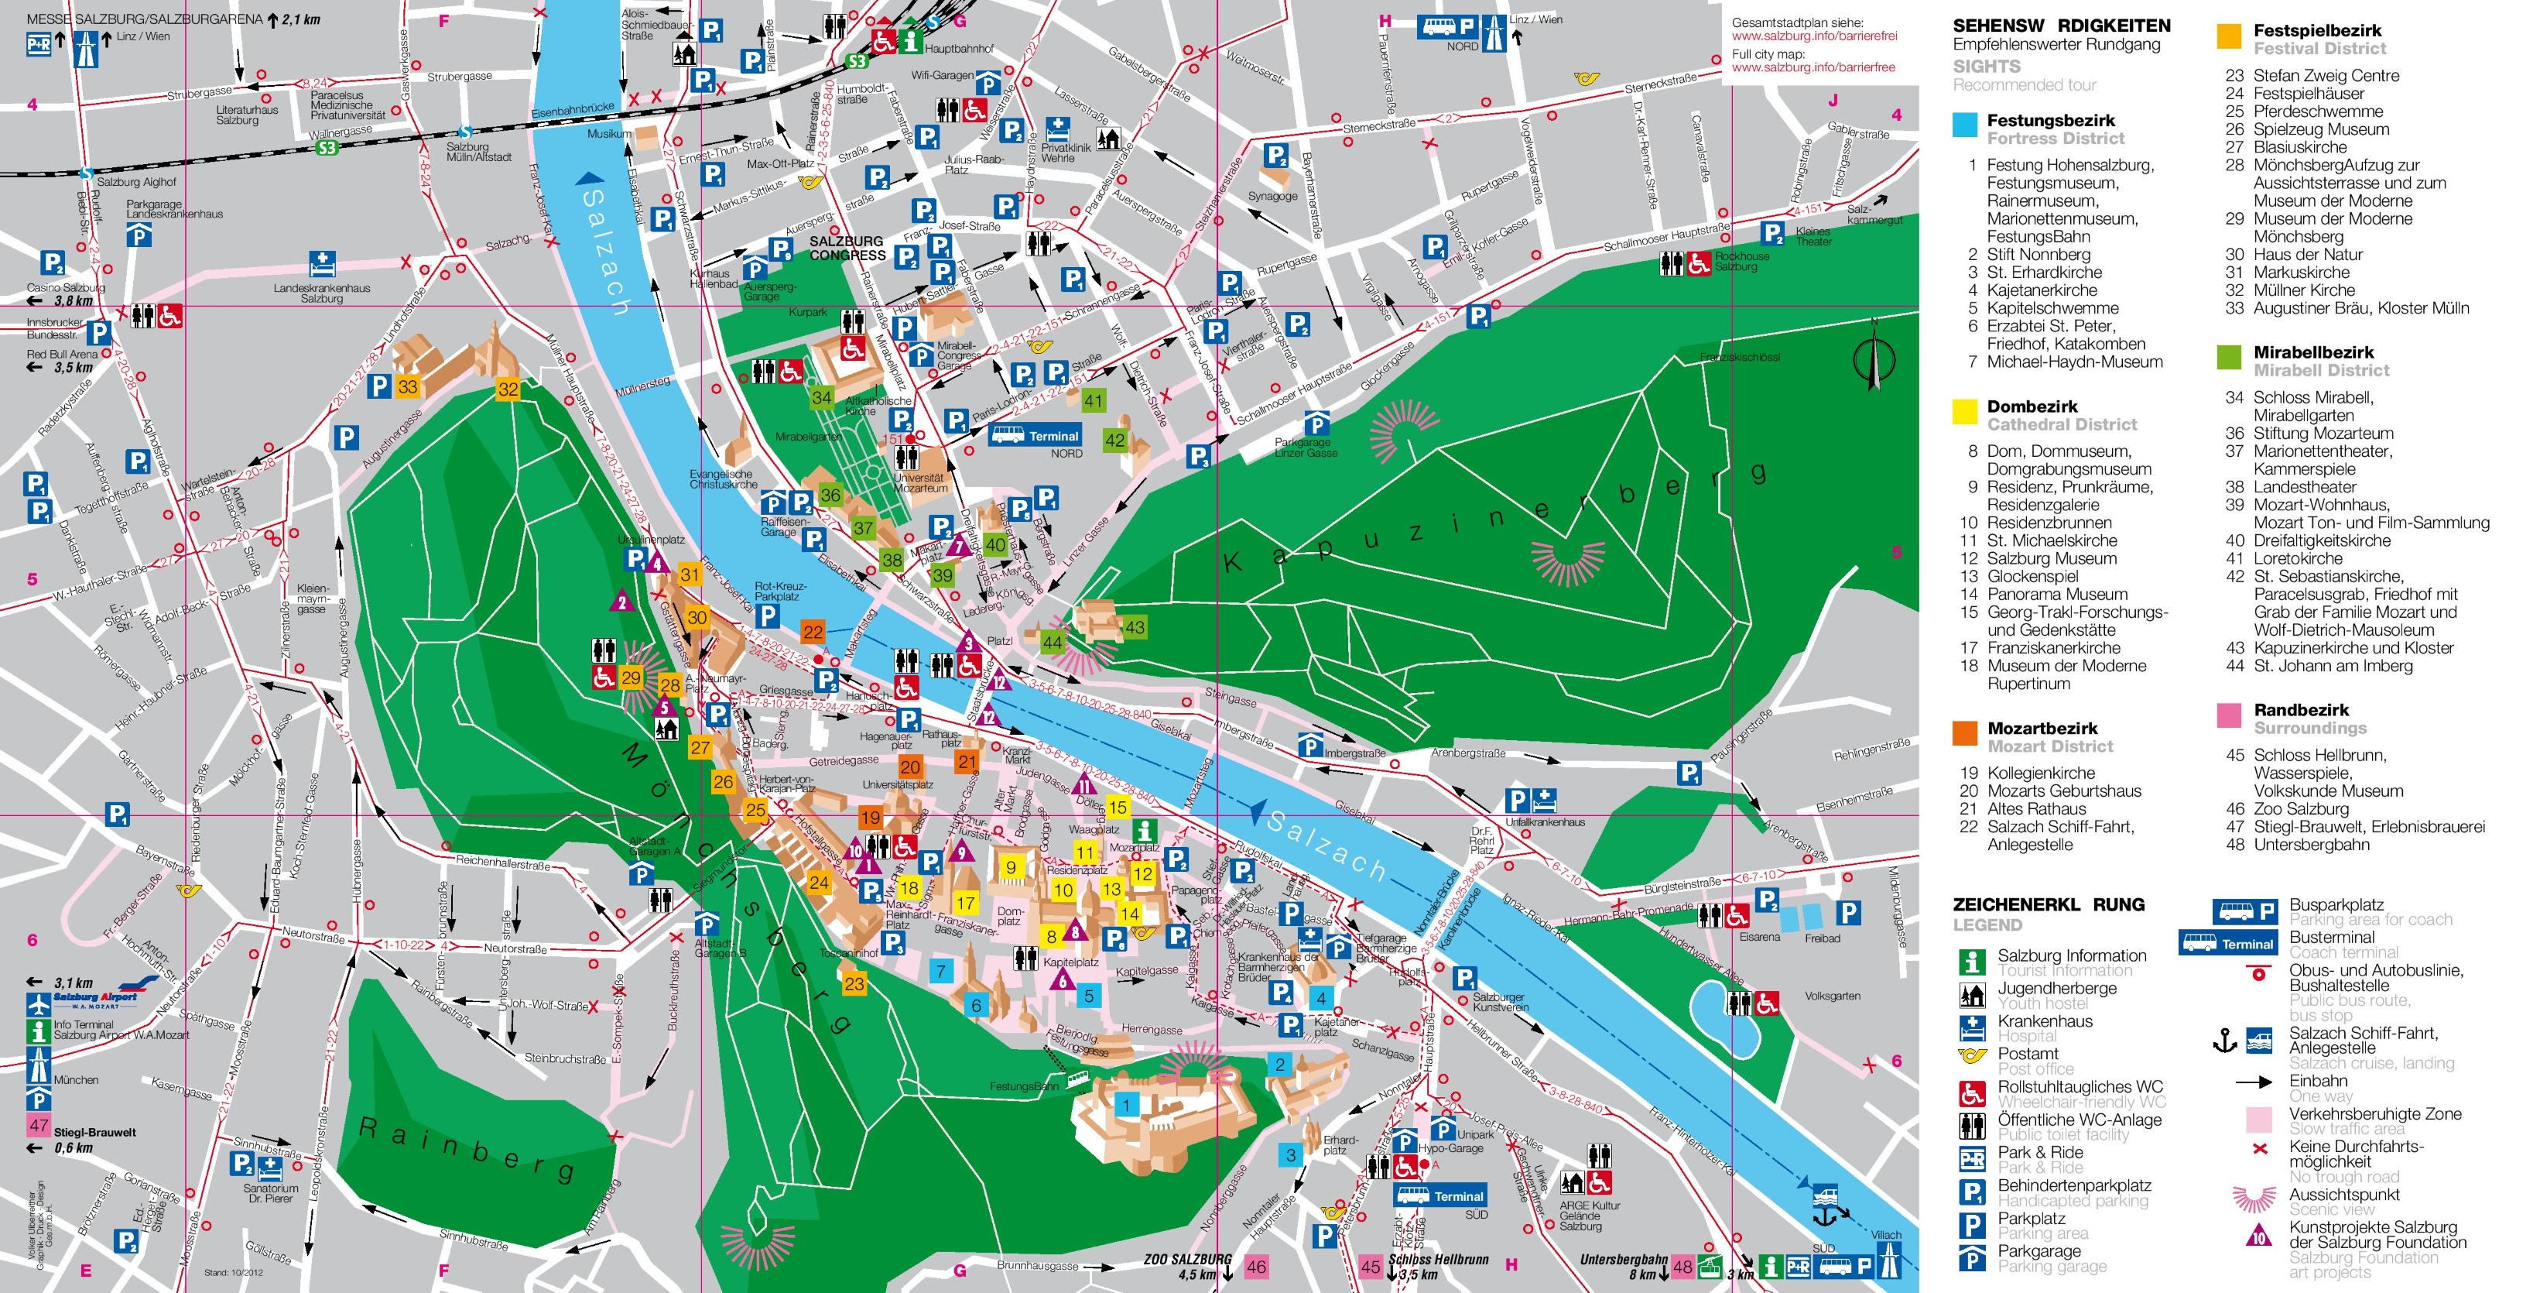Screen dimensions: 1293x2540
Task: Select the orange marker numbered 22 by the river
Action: coord(813,631)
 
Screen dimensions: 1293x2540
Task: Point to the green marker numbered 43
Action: coord(1135,627)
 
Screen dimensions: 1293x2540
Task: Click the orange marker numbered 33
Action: coord(407,386)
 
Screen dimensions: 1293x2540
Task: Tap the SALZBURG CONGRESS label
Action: coord(847,249)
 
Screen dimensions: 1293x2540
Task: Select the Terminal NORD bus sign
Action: coord(1036,436)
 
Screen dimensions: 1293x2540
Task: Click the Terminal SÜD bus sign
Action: coord(1439,1196)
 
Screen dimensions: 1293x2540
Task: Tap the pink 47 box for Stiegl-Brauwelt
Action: coord(39,1125)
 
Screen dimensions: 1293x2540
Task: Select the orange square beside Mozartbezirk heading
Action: coord(1965,732)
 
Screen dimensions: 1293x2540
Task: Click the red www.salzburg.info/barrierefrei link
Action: coord(1814,36)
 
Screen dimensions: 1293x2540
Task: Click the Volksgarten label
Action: coord(1832,996)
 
